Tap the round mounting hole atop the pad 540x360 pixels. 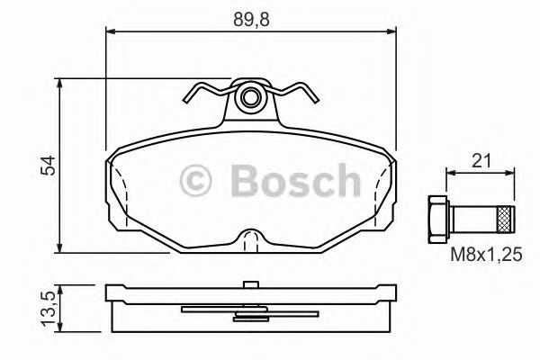252,96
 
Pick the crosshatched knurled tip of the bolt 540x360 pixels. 506,217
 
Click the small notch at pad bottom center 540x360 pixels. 251,238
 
